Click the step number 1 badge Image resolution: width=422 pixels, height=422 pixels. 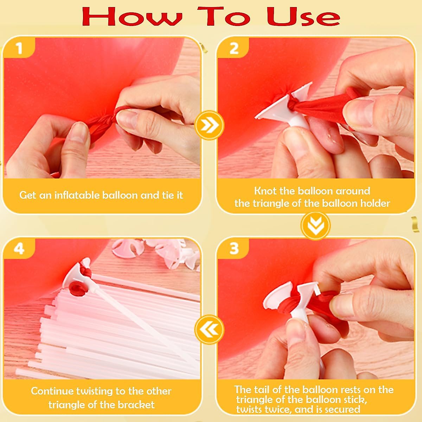[19, 48]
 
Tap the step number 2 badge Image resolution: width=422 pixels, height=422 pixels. [234, 48]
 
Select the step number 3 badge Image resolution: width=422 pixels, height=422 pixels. [234, 249]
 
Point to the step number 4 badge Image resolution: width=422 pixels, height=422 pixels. [19, 249]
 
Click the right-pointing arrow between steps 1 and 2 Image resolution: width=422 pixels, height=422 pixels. [209, 125]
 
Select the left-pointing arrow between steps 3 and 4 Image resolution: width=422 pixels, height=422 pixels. [209, 330]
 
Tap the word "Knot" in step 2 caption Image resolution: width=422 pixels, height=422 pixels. [266, 191]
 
